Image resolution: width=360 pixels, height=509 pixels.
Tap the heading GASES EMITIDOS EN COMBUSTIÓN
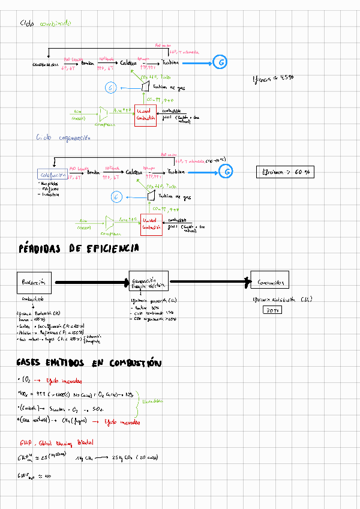click(x=89, y=363)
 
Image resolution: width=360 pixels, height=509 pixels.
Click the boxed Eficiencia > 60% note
click(x=286, y=172)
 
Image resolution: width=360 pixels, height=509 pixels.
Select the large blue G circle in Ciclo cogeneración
click(x=226, y=172)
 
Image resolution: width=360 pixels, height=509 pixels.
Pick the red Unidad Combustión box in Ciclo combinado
click(x=146, y=115)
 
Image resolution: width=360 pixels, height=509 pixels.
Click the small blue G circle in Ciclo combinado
click(x=110, y=88)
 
